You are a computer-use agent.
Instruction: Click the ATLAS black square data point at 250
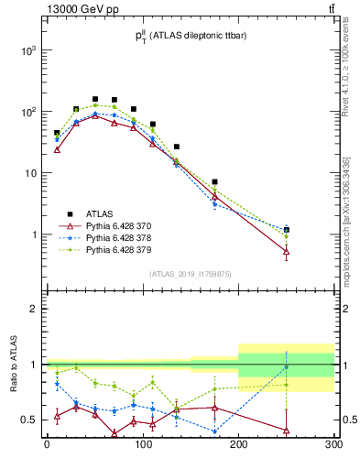(x=286, y=230)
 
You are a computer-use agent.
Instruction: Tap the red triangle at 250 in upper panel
(x=286, y=251)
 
